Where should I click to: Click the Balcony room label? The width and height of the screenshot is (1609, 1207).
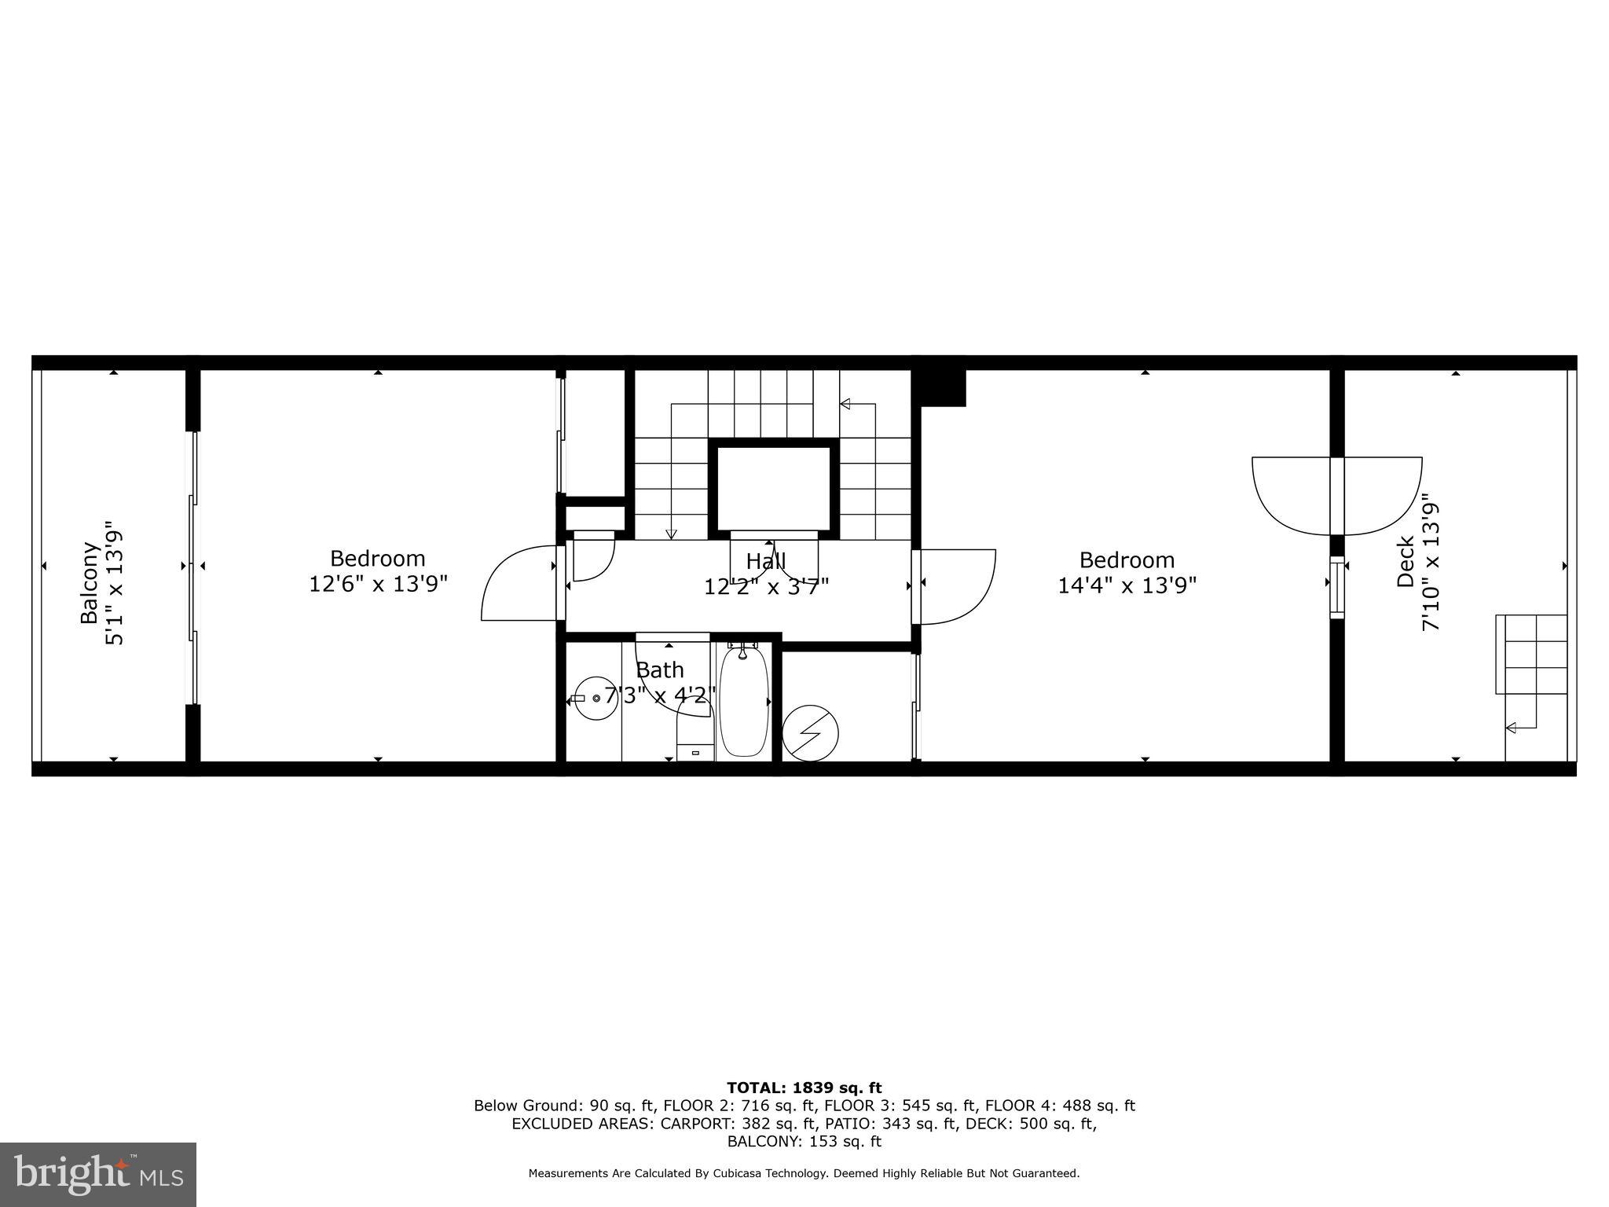click(90, 583)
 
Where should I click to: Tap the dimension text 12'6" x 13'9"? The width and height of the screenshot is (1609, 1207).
click(378, 585)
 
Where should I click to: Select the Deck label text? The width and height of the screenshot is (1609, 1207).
click(1406, 562)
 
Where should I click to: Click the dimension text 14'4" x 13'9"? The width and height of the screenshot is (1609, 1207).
click(1127, 586)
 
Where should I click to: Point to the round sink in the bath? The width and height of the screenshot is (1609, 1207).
click(596, 698)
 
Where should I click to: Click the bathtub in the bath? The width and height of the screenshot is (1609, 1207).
click(743, 701)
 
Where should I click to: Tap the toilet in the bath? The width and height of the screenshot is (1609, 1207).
click(695, 736)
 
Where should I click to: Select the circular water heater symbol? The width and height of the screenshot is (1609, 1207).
click(810, 733)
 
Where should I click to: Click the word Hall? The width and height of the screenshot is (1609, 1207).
click(765, 562)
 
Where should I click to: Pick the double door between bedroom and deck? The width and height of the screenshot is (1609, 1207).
click(1336, 495)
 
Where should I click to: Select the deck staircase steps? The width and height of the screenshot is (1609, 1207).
click(1530, 655)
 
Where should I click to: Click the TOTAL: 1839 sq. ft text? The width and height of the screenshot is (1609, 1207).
click(804, 1088)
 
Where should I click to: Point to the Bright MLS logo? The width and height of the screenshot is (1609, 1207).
click(98, 1175)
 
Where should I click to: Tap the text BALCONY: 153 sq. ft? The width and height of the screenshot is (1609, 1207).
click(804, 1142)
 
